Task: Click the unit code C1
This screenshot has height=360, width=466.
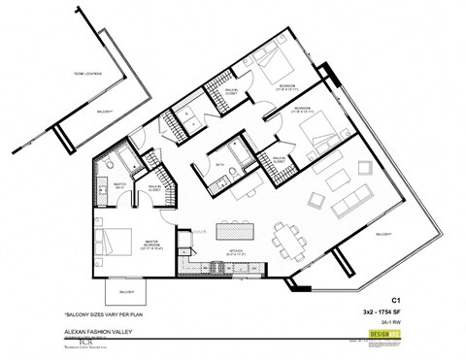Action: pyautogui.click(x=396, y=300)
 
